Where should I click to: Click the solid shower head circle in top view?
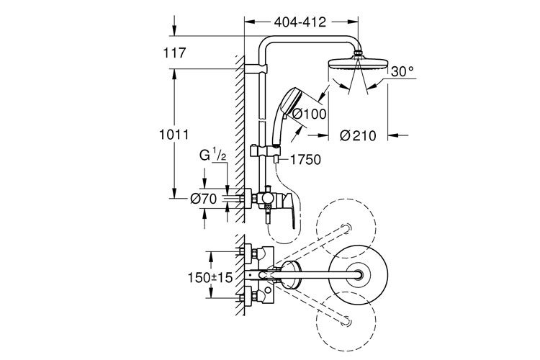[x=359, y=274]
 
